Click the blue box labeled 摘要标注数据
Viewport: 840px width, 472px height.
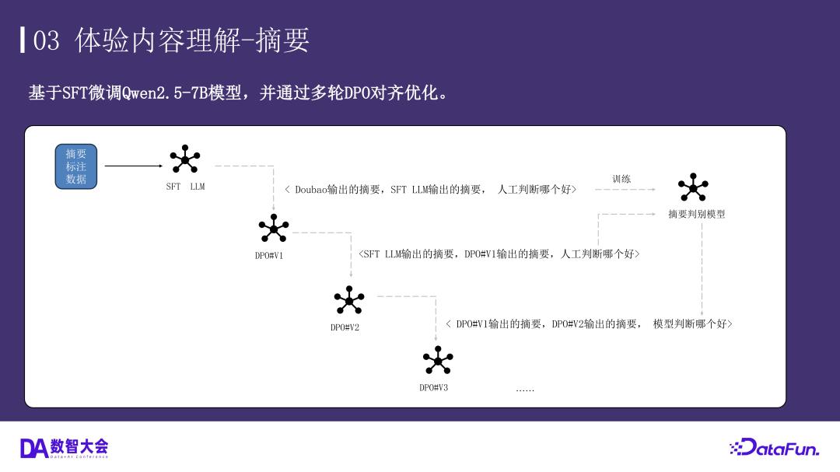76,166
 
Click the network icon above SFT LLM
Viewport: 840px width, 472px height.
185,159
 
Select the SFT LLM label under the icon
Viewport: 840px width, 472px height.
185,187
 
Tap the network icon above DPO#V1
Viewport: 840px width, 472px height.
273,228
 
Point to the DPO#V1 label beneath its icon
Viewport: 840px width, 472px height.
269,255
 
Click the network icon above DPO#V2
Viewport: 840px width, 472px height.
348,300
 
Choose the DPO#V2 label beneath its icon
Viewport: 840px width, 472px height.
345,327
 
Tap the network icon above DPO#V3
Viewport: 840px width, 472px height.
437,360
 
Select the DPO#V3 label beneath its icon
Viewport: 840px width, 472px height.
433,387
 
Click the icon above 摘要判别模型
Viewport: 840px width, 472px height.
693,187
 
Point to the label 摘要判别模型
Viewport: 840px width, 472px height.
697,214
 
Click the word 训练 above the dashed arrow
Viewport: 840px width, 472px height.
621,179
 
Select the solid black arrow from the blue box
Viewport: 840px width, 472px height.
134,166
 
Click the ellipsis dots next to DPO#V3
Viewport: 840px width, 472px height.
525,389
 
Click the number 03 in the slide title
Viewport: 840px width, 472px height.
47,40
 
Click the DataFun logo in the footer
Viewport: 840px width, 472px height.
774,448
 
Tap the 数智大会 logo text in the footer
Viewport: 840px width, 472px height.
79,446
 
